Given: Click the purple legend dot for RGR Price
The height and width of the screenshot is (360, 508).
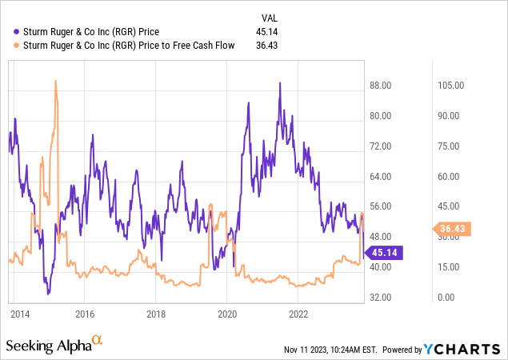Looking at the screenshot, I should point(18,32).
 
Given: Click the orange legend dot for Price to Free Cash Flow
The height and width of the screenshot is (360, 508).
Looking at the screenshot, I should point(18,46).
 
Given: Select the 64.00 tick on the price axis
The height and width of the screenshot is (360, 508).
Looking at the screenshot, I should point(382,176).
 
